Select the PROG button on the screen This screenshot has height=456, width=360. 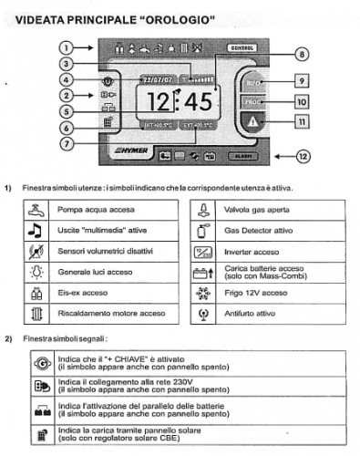254,102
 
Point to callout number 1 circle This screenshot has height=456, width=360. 66,47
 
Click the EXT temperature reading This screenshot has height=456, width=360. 196,126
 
